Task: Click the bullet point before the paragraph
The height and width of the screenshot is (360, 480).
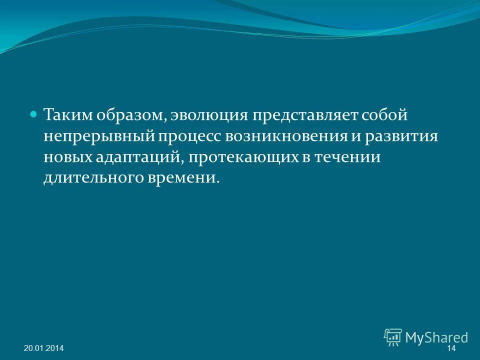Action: click(34, 114)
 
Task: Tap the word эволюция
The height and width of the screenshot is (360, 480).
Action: click(209, 115)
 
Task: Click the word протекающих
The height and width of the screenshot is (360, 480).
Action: click(245, 157)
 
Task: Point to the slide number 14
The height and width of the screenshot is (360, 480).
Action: click(451, 348)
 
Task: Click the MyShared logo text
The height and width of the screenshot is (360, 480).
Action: click(436, 337)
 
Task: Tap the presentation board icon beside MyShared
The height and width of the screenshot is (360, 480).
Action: click(393, 337)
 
